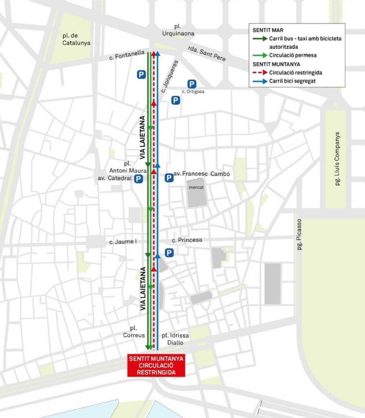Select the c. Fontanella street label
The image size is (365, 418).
(x=127, y=55)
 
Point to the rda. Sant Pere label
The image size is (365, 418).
(x=207, y=53)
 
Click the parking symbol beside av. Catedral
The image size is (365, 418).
(x=139, y=178)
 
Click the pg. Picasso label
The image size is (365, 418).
(x=299, y=234)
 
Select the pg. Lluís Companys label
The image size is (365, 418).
(x=337, y=159)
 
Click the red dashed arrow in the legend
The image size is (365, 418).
(x=260, y=73)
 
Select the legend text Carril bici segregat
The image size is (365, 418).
(x=292, y=81)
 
